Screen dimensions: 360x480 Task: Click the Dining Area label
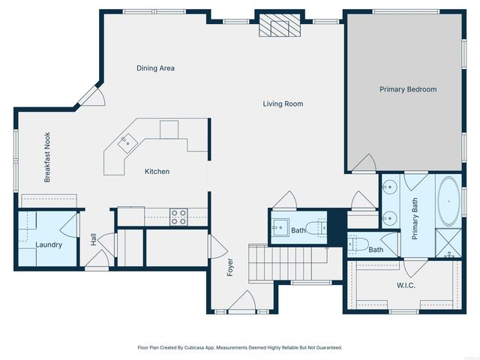click(155, 68)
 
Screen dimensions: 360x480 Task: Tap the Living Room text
click(283, 103)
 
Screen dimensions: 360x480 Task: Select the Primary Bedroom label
click(407, 89)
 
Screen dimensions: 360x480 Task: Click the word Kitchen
click(157, 172)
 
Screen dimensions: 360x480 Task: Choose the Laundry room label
click(49, 244)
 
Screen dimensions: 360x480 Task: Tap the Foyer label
click(230, 267)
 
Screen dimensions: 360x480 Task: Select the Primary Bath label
click(415, 218)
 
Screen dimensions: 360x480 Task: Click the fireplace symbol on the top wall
click(279, 27)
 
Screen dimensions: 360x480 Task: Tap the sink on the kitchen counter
click(127, 140)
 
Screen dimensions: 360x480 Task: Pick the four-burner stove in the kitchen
click(178, 217)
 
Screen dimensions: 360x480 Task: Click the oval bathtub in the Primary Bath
click(449, 202)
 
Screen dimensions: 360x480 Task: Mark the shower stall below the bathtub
click(449, 244)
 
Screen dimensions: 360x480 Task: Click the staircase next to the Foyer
click(289, 263)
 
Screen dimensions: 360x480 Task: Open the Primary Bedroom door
click(365, 163)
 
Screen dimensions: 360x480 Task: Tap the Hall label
click(94, 238)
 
